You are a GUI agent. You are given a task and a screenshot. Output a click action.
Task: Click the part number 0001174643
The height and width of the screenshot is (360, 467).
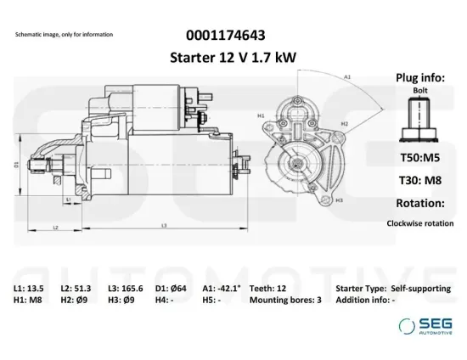tap(224, 36)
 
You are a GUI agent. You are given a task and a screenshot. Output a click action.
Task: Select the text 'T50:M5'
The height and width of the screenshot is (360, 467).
tap(419, 159)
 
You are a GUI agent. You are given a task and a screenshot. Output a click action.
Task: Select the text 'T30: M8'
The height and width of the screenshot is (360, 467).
tap(419, 181)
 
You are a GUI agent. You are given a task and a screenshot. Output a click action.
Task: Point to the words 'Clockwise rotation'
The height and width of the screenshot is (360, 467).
tap(419, 222)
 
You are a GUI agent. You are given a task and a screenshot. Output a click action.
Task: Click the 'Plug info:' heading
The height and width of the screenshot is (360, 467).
tap(419, 77)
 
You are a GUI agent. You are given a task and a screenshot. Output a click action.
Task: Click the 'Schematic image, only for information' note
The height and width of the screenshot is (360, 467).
tap(64, 35)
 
